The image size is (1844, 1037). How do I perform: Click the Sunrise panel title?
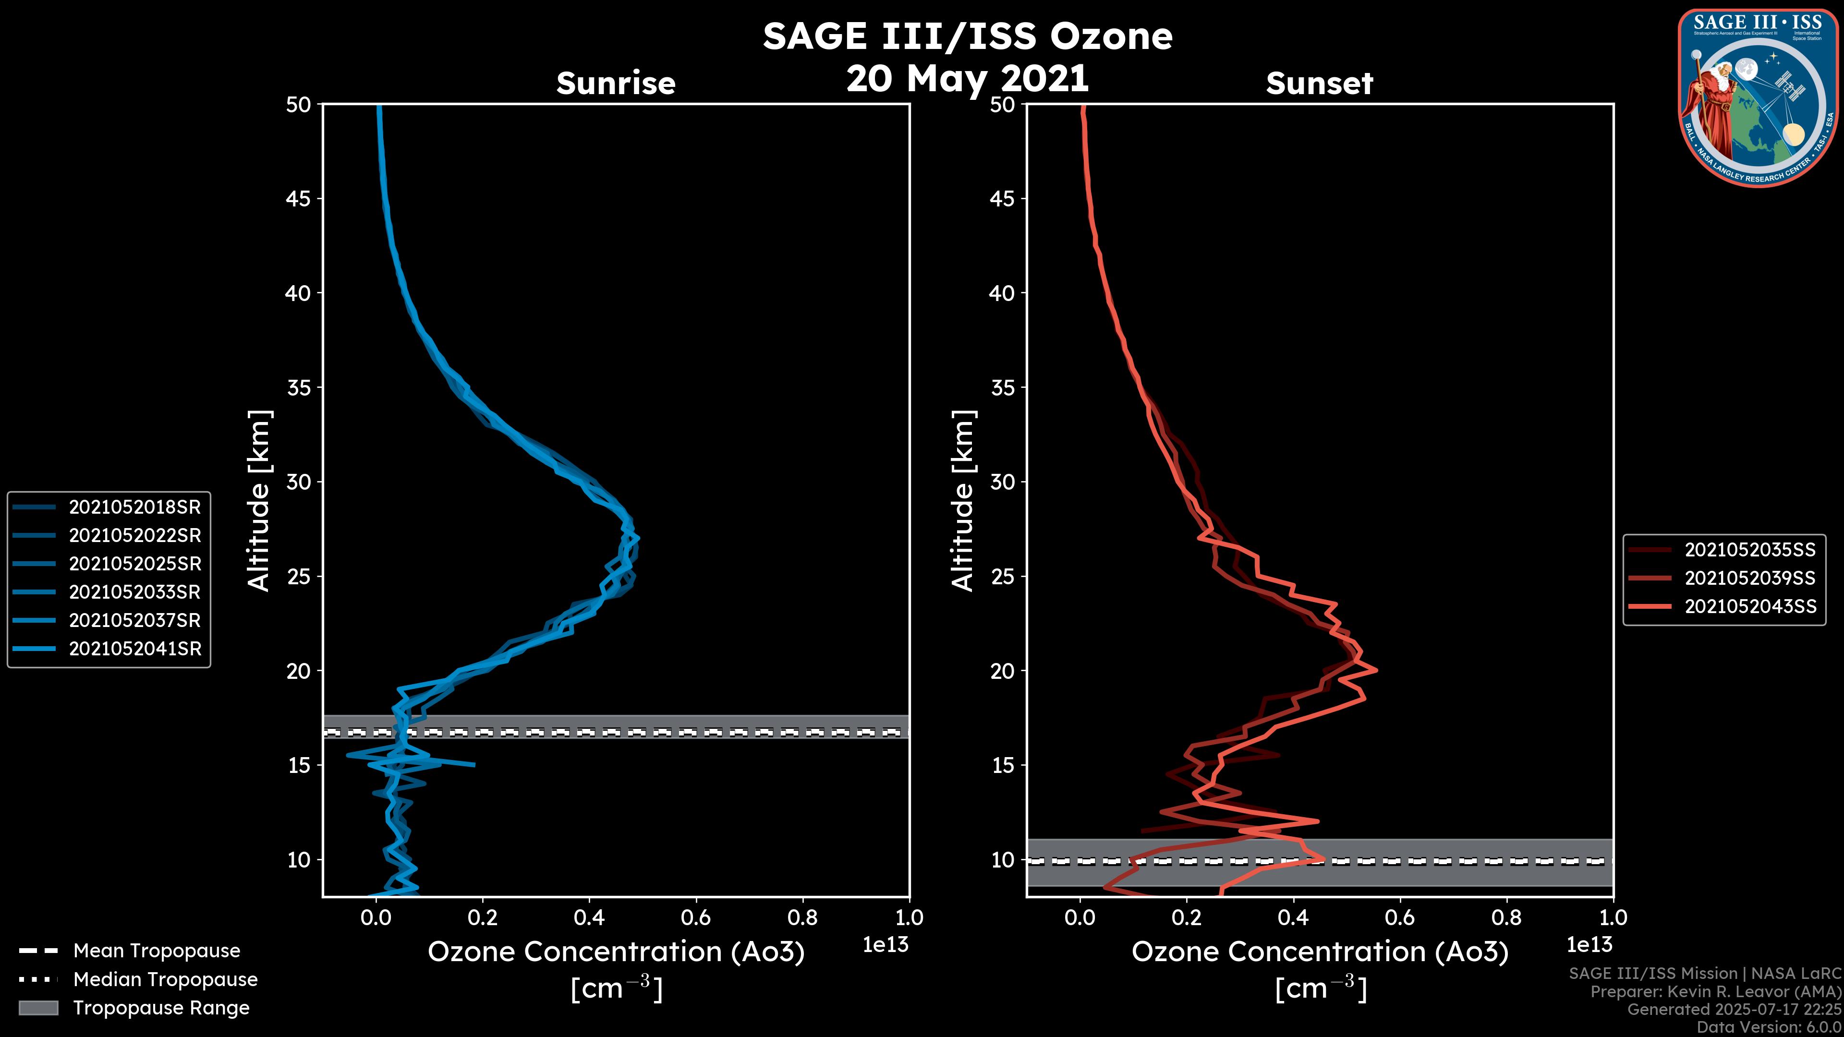click(616, 83)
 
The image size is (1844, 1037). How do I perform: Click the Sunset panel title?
click(1319, 83)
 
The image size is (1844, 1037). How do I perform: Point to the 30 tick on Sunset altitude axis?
click(1003, 482)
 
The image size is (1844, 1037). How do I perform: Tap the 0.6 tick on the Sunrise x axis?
click(696, 917)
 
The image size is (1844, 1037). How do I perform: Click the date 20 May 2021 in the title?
click(967, 78)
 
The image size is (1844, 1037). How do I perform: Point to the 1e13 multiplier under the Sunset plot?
click(1589, 945)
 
